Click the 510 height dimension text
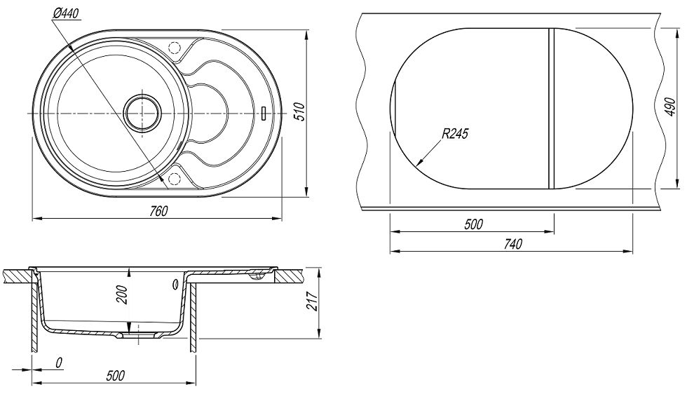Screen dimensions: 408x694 [x=298, y=112]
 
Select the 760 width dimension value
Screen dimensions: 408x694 [x=159, y=211]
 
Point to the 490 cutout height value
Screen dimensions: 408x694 [x=670, y=107]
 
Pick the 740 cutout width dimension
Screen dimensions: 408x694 [x=513, y=244]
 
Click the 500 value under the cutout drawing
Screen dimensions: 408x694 [x=473, y=224]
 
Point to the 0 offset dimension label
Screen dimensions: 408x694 [x=60, y=362]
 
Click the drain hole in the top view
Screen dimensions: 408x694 [x=143, y=112]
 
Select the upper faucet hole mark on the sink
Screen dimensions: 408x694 [x=175, y=48]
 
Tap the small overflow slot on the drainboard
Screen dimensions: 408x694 [x=262, y=112]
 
